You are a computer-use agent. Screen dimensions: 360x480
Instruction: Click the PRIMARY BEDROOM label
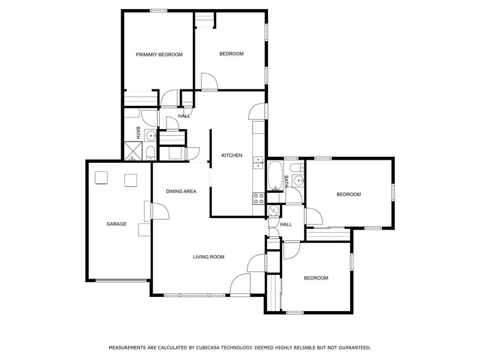click(159, 54)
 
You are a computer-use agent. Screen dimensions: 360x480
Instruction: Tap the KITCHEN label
click(231, 156)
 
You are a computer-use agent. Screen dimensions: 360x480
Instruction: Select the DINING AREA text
click(181, 192)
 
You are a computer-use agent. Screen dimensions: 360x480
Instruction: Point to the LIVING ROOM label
click(209, 257)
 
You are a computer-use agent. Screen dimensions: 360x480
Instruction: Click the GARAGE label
click(116, 224)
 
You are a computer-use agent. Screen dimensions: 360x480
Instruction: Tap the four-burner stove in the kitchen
click(258, 198)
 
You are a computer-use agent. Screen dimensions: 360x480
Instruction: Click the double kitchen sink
click(258, 163)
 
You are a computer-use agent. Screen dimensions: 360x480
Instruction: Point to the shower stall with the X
click(133, 151)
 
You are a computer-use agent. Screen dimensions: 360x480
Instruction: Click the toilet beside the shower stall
click(151, 152)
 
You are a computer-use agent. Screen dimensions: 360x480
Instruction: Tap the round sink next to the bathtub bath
click(298, 180)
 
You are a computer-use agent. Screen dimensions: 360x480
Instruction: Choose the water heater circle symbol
click(274, 210)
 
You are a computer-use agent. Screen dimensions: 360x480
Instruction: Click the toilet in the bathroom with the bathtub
click(294, 167)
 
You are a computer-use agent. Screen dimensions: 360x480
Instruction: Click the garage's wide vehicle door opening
click(122, 280)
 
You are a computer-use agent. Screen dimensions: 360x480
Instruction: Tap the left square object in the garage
click(101, 178)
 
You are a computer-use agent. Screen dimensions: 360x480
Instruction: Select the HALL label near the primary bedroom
click(184, 116)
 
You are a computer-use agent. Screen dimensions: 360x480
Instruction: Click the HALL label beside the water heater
click(286, 225)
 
